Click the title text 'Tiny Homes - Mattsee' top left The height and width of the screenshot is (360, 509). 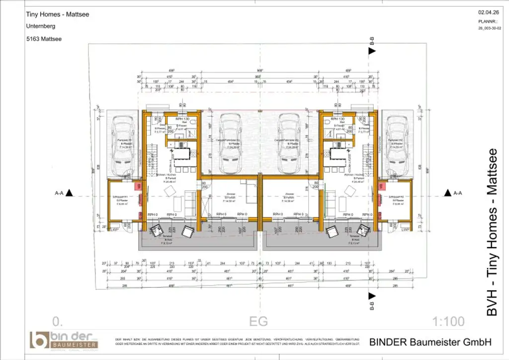[57, 14]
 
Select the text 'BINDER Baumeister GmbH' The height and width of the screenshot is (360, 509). [430, 342]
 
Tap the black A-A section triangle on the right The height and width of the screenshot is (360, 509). [448, 192]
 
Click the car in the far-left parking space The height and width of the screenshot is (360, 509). [122, 146]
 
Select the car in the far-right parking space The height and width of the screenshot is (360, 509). [398, 146]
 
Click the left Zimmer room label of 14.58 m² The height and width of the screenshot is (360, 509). [230, 198]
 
